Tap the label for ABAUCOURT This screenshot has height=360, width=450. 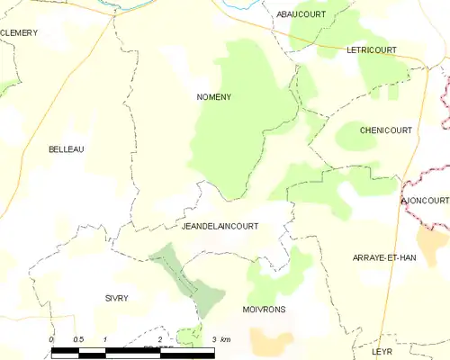click(300, 15)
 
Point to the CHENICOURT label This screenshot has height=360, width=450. click(385, 130)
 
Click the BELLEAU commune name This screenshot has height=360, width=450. click(66, 149)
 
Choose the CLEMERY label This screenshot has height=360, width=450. click(19, 32)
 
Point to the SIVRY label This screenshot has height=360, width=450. click(116, 297)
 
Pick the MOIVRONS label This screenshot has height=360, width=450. click(264, 309)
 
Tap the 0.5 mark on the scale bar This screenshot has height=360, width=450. click(78, 339)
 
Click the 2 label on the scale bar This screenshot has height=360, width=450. click(159, 339)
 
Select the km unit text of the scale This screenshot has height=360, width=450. click(225, 339)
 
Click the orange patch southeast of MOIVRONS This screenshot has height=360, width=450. click(265, 340)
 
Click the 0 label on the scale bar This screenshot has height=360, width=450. click(51, 339)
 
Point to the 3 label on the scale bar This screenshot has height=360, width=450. click(213, 339)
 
